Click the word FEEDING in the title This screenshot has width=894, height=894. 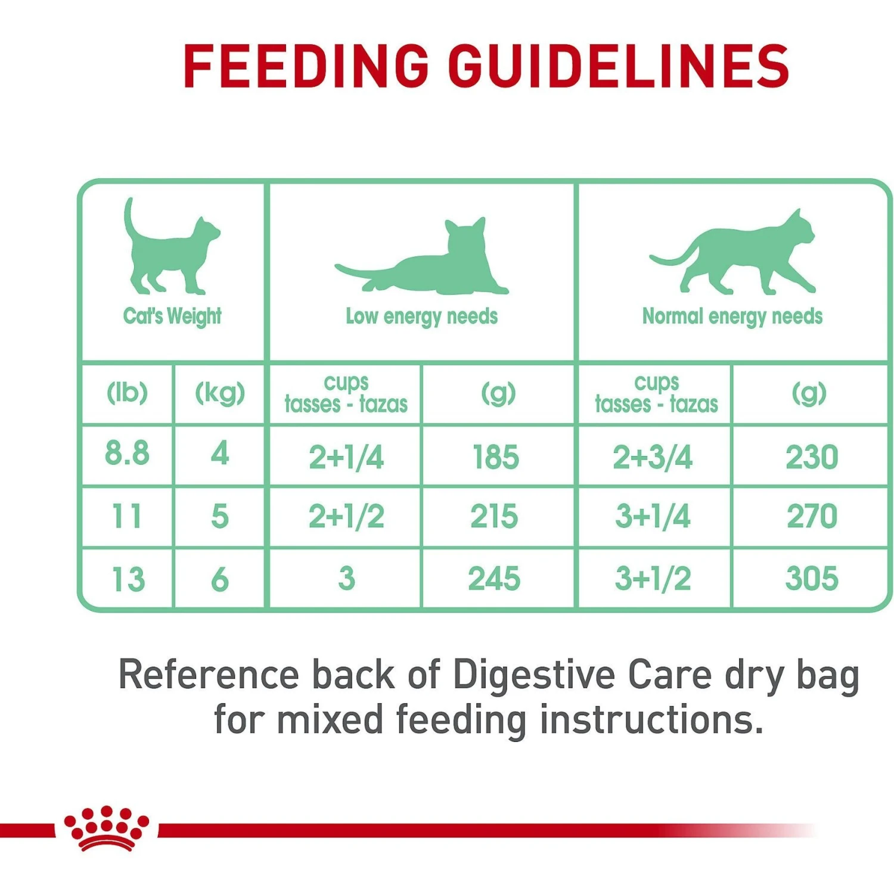[x=306, y=66]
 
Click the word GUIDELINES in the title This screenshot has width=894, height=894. [x=619, y=66]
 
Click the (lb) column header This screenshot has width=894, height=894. [x=127, y=393]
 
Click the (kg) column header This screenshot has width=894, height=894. [x=220, y=393]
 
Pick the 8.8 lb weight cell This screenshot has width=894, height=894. [x=127, y=454]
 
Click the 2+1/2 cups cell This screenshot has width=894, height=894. [x=346, y=517]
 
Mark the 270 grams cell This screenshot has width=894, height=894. [x=812, y=517]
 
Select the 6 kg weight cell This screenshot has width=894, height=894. [x=220, y=579]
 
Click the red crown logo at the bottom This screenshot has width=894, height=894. [x=107, y=828]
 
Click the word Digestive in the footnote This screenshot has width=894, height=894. [x=533, y=675]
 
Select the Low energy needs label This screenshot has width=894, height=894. [x=421, y=316]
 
